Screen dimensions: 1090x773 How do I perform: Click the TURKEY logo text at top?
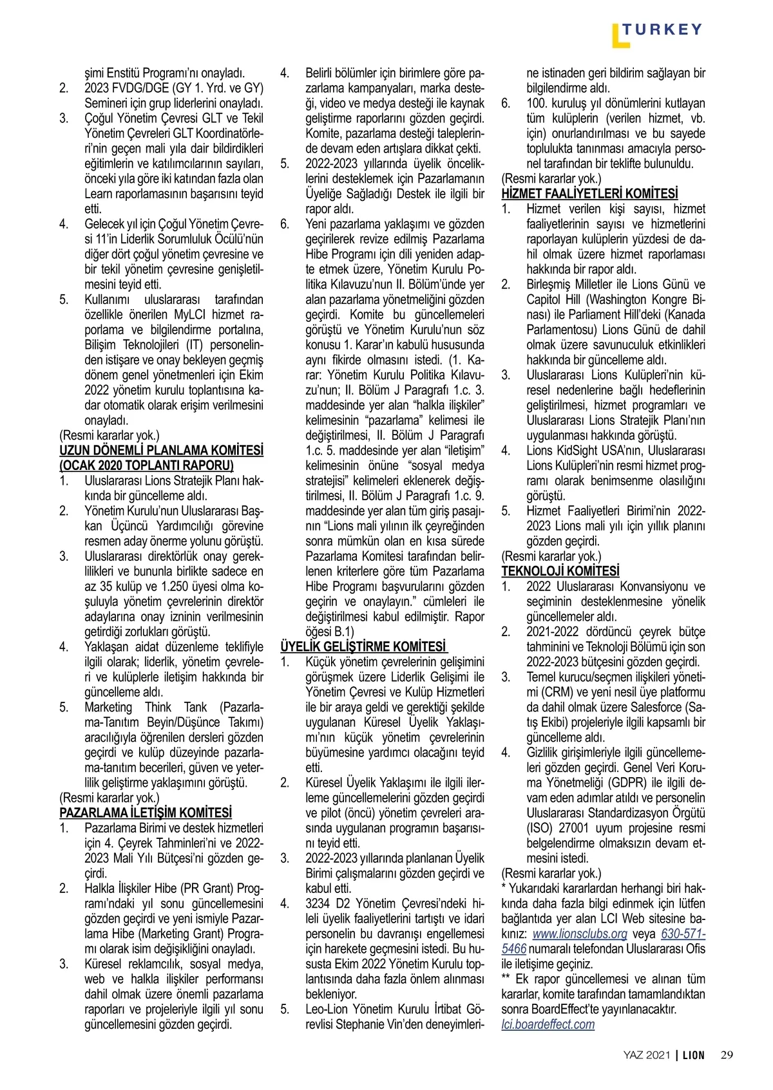(662, 29)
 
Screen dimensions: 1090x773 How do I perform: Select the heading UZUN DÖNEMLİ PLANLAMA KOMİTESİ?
(161, 450)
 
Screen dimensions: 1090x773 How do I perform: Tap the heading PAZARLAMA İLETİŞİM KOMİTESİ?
(146, 813)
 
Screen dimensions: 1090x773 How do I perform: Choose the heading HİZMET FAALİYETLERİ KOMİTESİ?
(589, 193)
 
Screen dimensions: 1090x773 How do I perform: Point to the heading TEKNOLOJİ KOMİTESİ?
(560, 571)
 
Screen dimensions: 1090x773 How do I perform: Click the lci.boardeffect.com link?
(548, 1024)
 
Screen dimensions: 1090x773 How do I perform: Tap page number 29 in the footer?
(727, 1055)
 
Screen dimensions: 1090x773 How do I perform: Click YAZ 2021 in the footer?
(647, 1055)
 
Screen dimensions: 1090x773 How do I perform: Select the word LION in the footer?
(694, 1055)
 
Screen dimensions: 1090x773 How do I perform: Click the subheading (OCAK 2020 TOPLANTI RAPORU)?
(146, 465)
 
